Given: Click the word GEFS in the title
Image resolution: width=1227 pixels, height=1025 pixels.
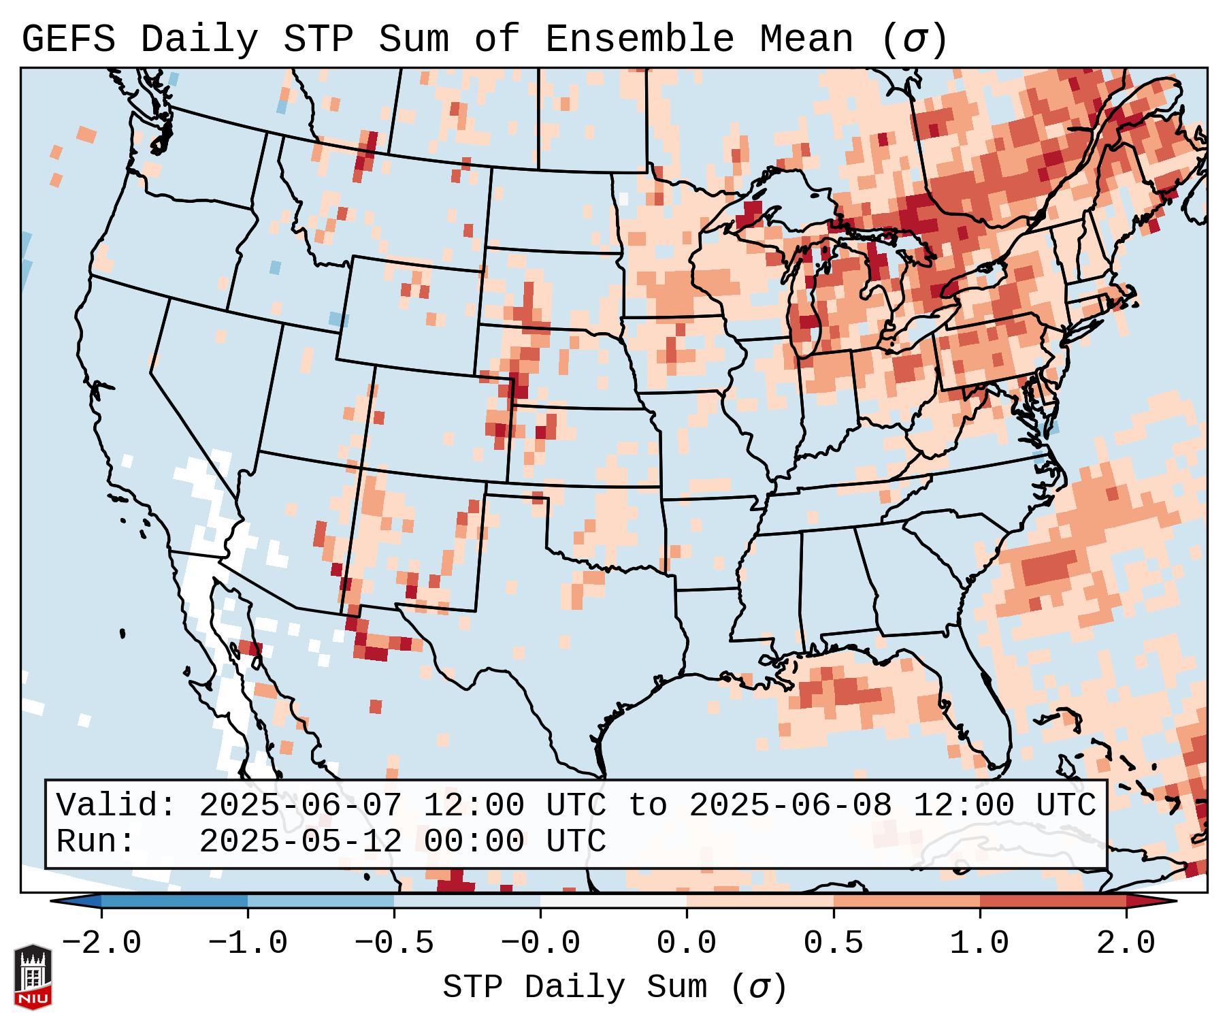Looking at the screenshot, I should coord(69,39).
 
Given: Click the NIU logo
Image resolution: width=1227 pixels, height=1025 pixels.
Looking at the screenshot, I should coord(33,977).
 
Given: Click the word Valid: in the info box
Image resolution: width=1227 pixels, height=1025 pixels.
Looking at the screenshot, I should coord(116,806).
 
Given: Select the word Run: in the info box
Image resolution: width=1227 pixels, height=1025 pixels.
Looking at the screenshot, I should coord(96,842).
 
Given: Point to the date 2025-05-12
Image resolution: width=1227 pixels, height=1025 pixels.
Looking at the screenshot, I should coord(300,842).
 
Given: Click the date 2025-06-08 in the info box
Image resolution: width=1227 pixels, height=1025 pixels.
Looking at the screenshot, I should coord(790,806).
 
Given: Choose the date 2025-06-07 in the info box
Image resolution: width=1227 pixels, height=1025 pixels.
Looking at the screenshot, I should coord(300,806).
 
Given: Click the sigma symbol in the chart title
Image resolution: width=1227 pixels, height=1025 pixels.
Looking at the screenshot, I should coord(914,39).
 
